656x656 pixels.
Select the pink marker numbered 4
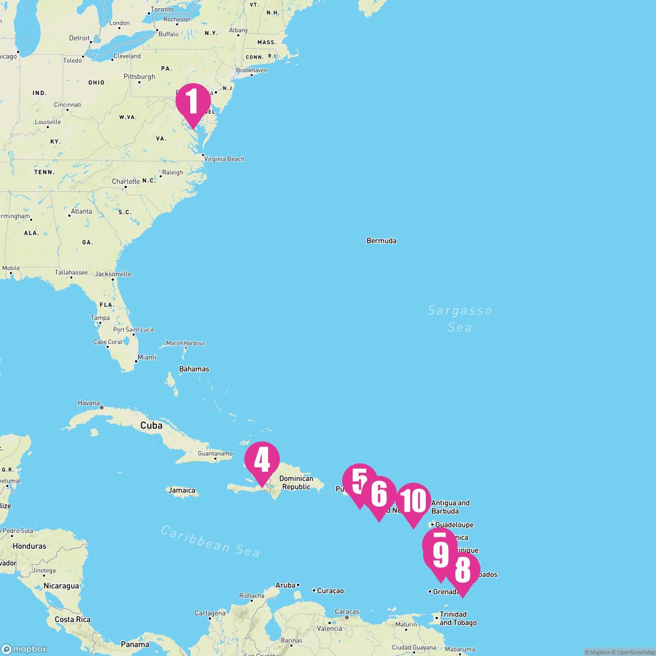[x=262, y=460]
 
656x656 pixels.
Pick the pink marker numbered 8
[x=462, y=570]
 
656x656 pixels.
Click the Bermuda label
[x=382, y=241]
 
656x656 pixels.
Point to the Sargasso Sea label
[x=460, y=319]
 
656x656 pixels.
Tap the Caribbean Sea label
[x=210, y=541]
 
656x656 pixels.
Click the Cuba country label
[x=151, y=425]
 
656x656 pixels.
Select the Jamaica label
[x=182, y=490]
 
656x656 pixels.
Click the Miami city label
[x=147, y=358]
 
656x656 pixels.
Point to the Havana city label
[x=89, y=403]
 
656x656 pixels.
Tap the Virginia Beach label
[x=224, y=159]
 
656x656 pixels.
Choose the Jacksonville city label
[x=113, y=274]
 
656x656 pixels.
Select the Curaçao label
[x=330, y=590]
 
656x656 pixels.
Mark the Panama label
[x=135, y=645]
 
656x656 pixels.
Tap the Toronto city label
[x=162, y=10]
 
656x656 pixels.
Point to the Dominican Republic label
[x=296, y=483]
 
